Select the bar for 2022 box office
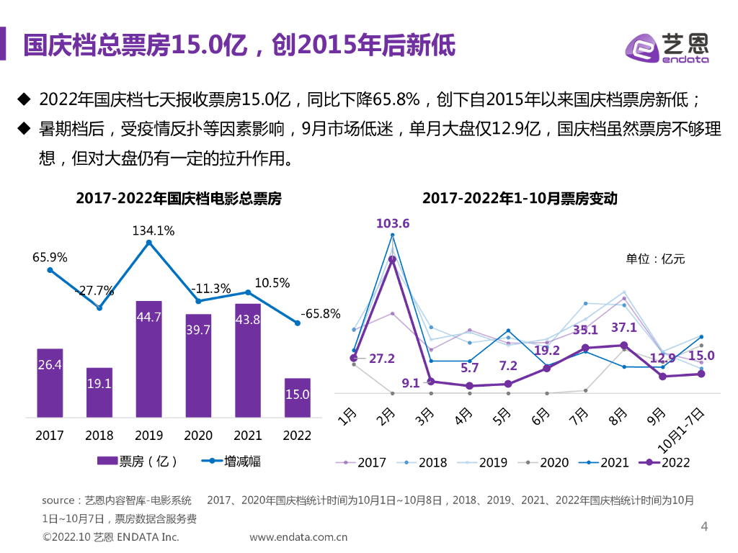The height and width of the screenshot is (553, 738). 297,397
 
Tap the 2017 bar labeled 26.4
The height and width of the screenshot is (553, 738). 50,382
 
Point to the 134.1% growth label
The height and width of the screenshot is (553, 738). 153,230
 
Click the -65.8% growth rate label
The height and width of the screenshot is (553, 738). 319,314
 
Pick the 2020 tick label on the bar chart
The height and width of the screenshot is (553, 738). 198,436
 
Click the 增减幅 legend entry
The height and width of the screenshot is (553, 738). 231,461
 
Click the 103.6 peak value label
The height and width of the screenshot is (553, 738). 393,224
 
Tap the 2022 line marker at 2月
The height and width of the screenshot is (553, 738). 393,260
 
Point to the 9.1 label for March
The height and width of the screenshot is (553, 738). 411,383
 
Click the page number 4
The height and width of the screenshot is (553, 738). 705,527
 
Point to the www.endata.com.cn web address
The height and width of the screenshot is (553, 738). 298,536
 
